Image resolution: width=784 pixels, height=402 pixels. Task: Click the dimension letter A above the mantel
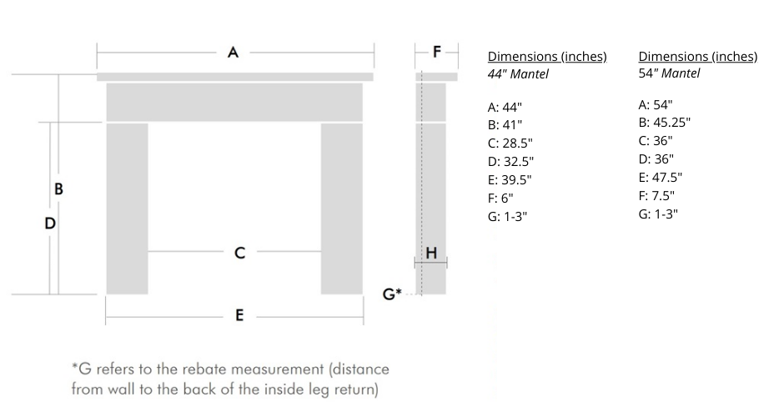tap(234, 53)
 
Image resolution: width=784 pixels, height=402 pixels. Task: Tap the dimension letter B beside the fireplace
tap(58, 189)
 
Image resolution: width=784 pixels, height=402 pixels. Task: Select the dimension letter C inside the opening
tap(239, 252)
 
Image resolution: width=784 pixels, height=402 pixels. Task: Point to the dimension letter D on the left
tap(50, 224)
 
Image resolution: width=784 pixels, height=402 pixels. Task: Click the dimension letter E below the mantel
tap(239, 315)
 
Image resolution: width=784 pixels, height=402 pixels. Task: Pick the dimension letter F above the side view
tap(437, 52)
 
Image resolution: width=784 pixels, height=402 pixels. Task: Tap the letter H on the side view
tap(431, 253)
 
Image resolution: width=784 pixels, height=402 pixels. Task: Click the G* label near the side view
tap(392, 294)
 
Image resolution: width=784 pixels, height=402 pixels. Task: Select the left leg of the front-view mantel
tap(127, 209)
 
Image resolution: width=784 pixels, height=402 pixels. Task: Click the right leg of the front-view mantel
tap(342, 209)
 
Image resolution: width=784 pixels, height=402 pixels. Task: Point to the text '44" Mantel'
tap(518, 74)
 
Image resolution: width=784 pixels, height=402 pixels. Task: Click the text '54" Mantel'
tap(669, 73)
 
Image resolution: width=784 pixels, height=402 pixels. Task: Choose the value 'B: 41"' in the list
tap(505, 125)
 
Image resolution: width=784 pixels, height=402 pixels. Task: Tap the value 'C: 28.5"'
tap(511, 143)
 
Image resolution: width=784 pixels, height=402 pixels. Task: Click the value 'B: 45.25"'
tap(664, 123)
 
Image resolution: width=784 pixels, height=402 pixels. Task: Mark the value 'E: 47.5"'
tap(661, 178)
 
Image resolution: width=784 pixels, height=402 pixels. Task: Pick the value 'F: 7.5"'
tap(656, 196)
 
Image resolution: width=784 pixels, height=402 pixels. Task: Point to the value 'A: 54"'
tap(656, 105)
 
